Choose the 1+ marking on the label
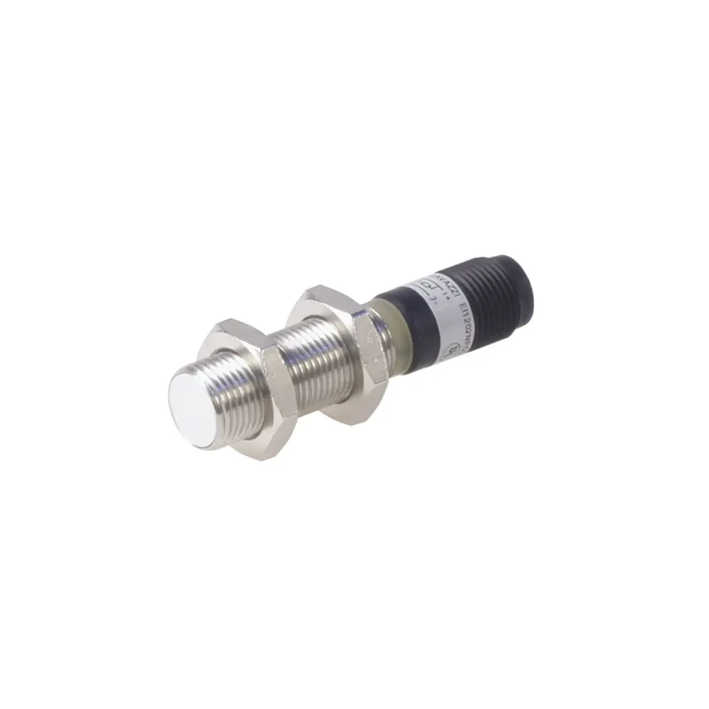tap(445, 292)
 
